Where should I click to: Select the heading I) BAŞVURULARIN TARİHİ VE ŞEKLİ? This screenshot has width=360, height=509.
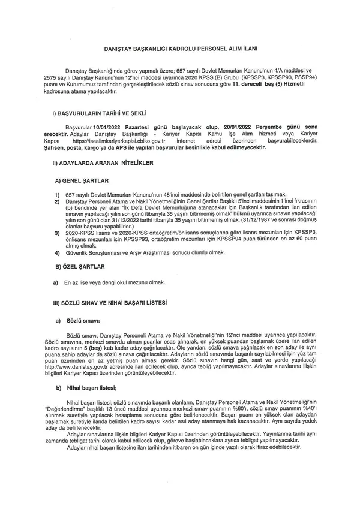(x=100, y=112)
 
